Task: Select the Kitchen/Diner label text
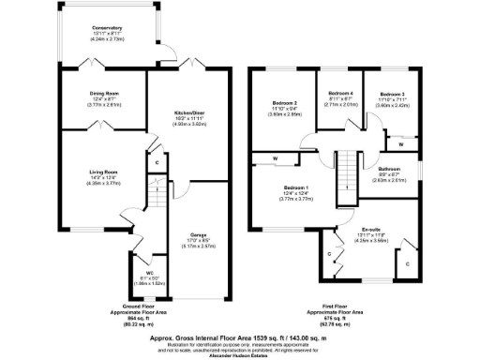pyautogui.click(x=190, y=114)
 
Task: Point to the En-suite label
pyautogui.click(x=369, y=228)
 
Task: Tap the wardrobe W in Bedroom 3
pyautogui.click(x=401, y=143)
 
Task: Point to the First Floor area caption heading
pyautogui.click(x=340, y=306)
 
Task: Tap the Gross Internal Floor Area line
pyautogui.click(x=239, y=336)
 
